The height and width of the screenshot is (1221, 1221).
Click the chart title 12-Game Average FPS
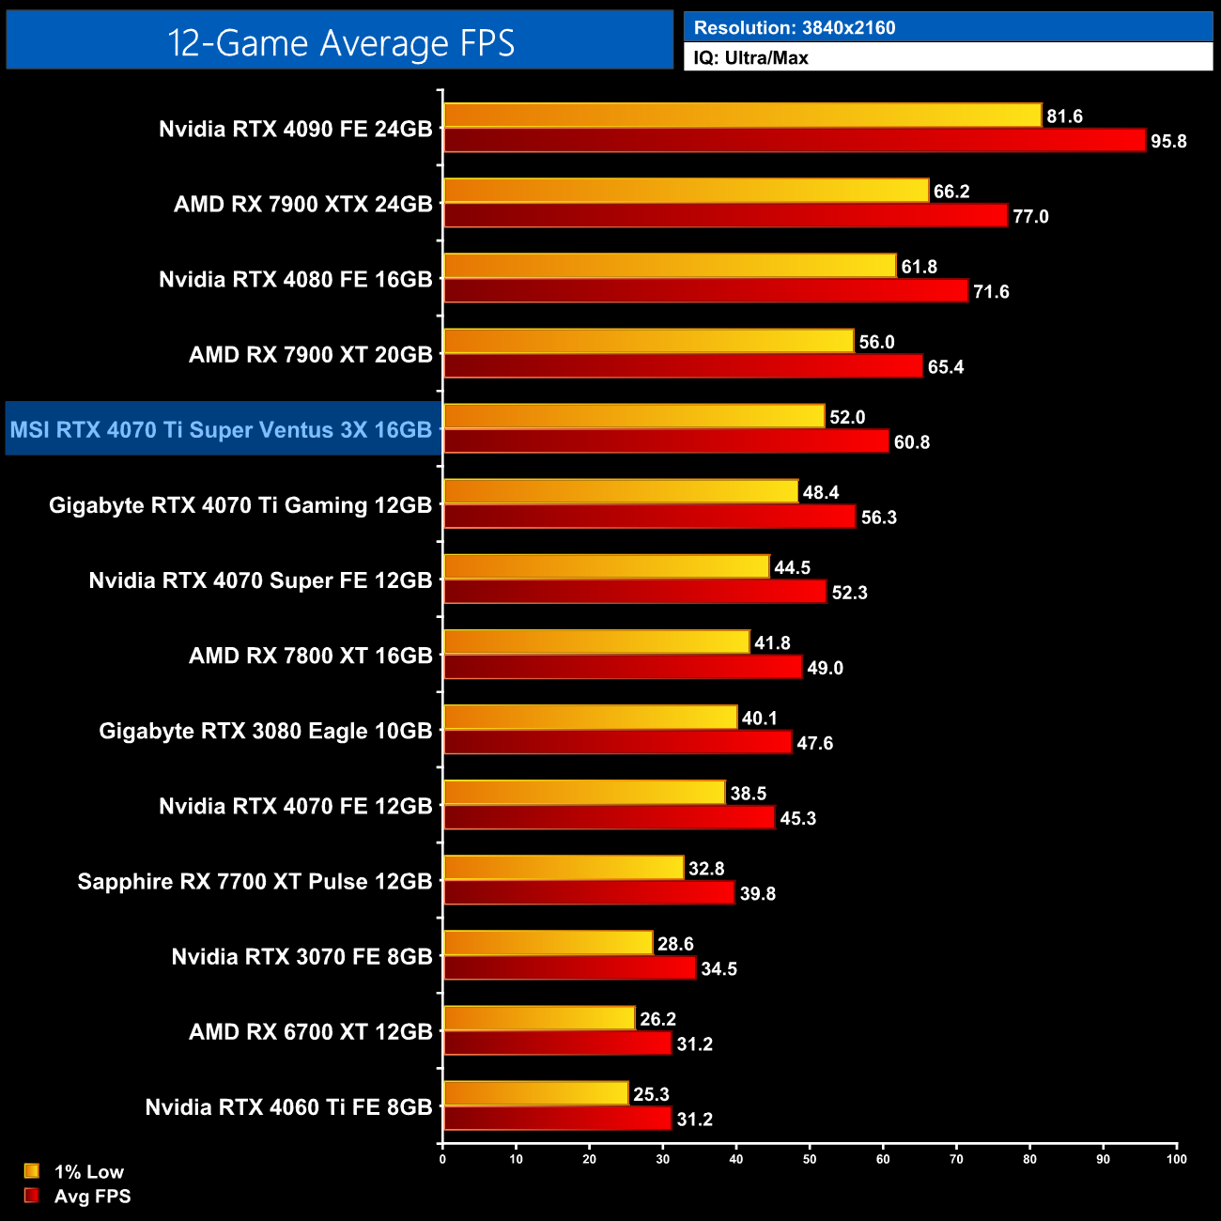pyautogui.click(x=340, y=43)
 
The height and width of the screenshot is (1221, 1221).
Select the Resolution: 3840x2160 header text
pyautogui.click(x=794, y=28)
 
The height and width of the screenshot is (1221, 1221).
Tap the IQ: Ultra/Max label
pyautogui.click(x=750, y=58)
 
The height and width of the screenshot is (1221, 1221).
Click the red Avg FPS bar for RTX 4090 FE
pyautogui.click(x=794, y=141)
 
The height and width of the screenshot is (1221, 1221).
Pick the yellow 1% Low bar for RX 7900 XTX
pyautogui.click(x=686, y=191)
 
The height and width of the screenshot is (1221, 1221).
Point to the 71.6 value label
pyautogui.click(x=991, y=292)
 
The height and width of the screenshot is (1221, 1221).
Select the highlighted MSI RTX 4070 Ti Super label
pyautogui.click(x=222, y=430)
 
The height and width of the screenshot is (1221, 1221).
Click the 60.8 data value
pyautogui.click(x=911, y=442)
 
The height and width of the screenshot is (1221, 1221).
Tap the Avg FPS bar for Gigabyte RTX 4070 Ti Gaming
pyautogui.click(x=649, y=517)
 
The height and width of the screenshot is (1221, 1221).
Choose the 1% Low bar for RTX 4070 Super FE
pyautogui.click(x=606, y=566)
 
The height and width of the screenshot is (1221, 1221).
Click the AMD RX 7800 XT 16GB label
pyautogui.click(x=310, y=656)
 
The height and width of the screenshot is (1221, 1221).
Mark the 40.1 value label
pyautogui.click(x=759, y=719)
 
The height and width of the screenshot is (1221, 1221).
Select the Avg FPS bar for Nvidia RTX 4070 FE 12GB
pyautogui.click(x=609, y=818)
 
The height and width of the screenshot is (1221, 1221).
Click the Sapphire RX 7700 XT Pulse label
pyautogui.click(x=255, y=881)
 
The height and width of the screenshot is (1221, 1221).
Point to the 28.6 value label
pyautogui.click(x=675, y=944)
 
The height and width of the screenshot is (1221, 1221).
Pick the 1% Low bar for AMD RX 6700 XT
pyautogui.click(x=539, y=1018)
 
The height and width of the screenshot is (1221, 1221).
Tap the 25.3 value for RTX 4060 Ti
pyautogui.click(x=651, y=1094)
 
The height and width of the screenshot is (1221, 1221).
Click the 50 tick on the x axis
pyautogui.click(x=810, y=1159)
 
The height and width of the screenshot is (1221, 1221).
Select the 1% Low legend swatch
pyautogui.click(x=32, y=1171)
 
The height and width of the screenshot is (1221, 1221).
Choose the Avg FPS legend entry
pyautogui.click(x=92, y=1197)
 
